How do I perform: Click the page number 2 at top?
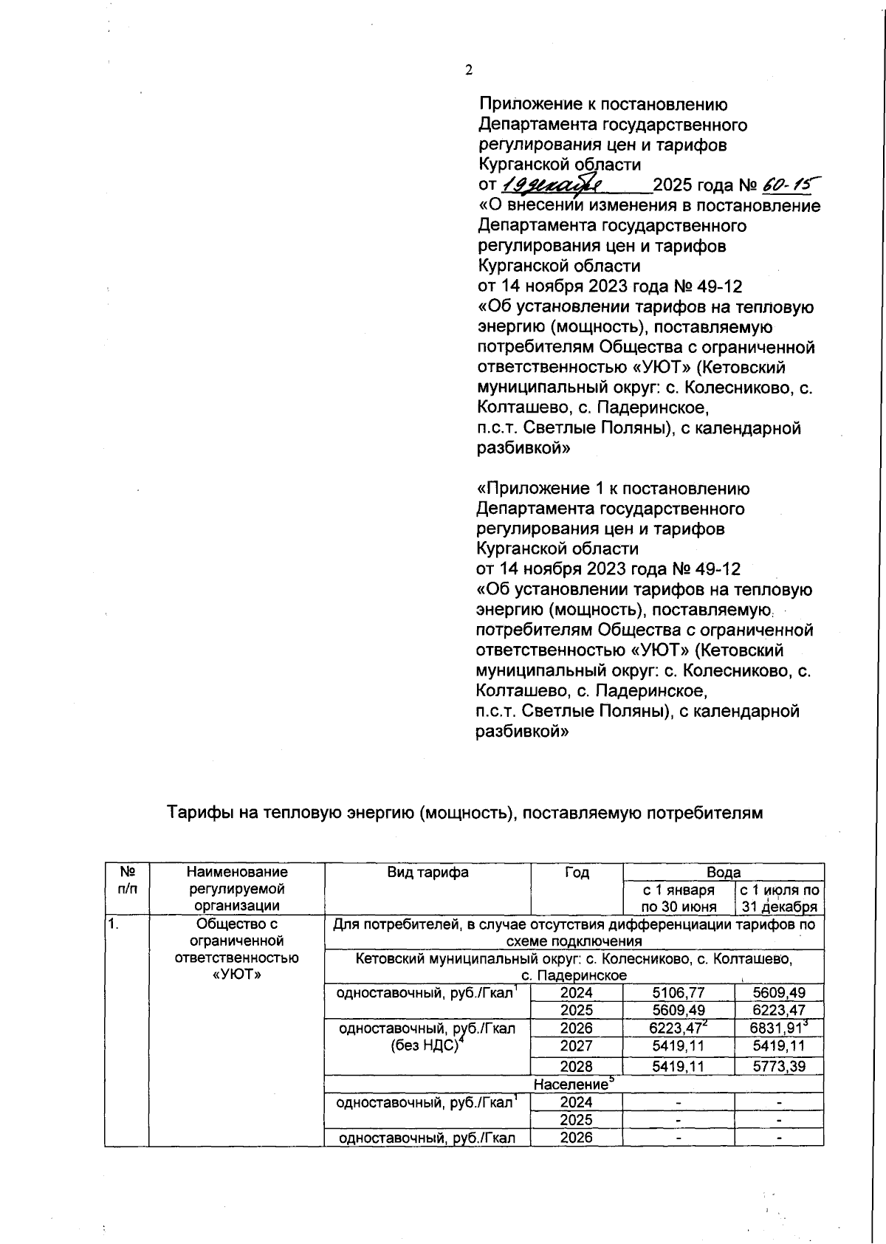click(x=468, y=70)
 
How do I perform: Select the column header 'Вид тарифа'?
click(x=427, y=873)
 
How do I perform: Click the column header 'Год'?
click(x=577, y=873)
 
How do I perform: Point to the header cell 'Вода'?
click(x=724, y=872)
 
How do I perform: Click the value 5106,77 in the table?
click(x=678, y=993)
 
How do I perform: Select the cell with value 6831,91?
click(x=778, y=1028)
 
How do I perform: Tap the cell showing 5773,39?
click(x=778, y=1066)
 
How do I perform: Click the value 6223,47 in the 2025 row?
click(x=778, y=1011)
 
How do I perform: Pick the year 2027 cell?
click(x=577, y=1046)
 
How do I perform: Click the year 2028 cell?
click(x=577, y=1066)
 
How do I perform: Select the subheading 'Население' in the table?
click(x=574, y=1085)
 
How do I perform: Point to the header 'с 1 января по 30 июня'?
click(x=678, y=898)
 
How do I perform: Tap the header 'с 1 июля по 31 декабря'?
click(x=779, y=898)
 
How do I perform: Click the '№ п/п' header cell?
click(x=127, y=881)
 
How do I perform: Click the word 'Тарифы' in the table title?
click(x=195, y=813)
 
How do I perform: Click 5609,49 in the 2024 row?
click(x=778, y=993)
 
